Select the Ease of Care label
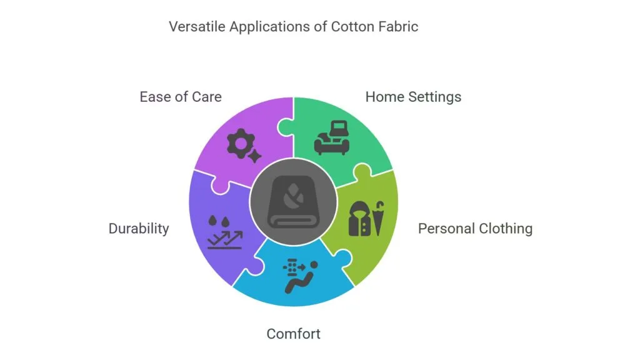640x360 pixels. click(x=180, y=97)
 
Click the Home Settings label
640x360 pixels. click(x=413, y=97)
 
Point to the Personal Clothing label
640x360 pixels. click(x=475, y=229)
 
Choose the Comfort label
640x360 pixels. click(x=293, y=334)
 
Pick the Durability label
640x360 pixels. click(x=139, y=229)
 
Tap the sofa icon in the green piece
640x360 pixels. click(x=331, y=137)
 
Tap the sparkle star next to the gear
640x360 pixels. click(x=254, y=156)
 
